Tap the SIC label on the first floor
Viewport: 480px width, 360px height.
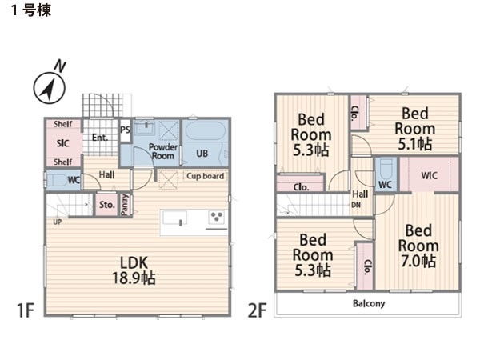[62, 143]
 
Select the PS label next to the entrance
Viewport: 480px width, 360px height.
[125, 130]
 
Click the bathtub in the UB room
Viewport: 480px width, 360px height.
[206, 130]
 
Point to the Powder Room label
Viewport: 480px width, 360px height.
[163, 151]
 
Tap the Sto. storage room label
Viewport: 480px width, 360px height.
[107, 205]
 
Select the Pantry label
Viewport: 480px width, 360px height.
[125, 205]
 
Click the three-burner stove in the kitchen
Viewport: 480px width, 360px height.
[217, 217]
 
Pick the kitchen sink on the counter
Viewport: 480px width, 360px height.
[174, 218]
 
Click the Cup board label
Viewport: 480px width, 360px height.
[206, 176]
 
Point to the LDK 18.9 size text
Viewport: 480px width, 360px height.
[134, 270]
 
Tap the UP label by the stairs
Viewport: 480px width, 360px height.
[58, 222]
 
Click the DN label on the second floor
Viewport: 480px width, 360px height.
[356, 205]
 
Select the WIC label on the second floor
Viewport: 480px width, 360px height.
[429, 176]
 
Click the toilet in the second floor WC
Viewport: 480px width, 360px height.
[386, 170]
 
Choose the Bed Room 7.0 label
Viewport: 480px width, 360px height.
[418, 246]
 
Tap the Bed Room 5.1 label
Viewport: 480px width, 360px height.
[415, 129]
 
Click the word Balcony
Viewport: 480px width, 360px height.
[369, 303]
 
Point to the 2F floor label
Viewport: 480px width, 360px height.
[257, 310]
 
